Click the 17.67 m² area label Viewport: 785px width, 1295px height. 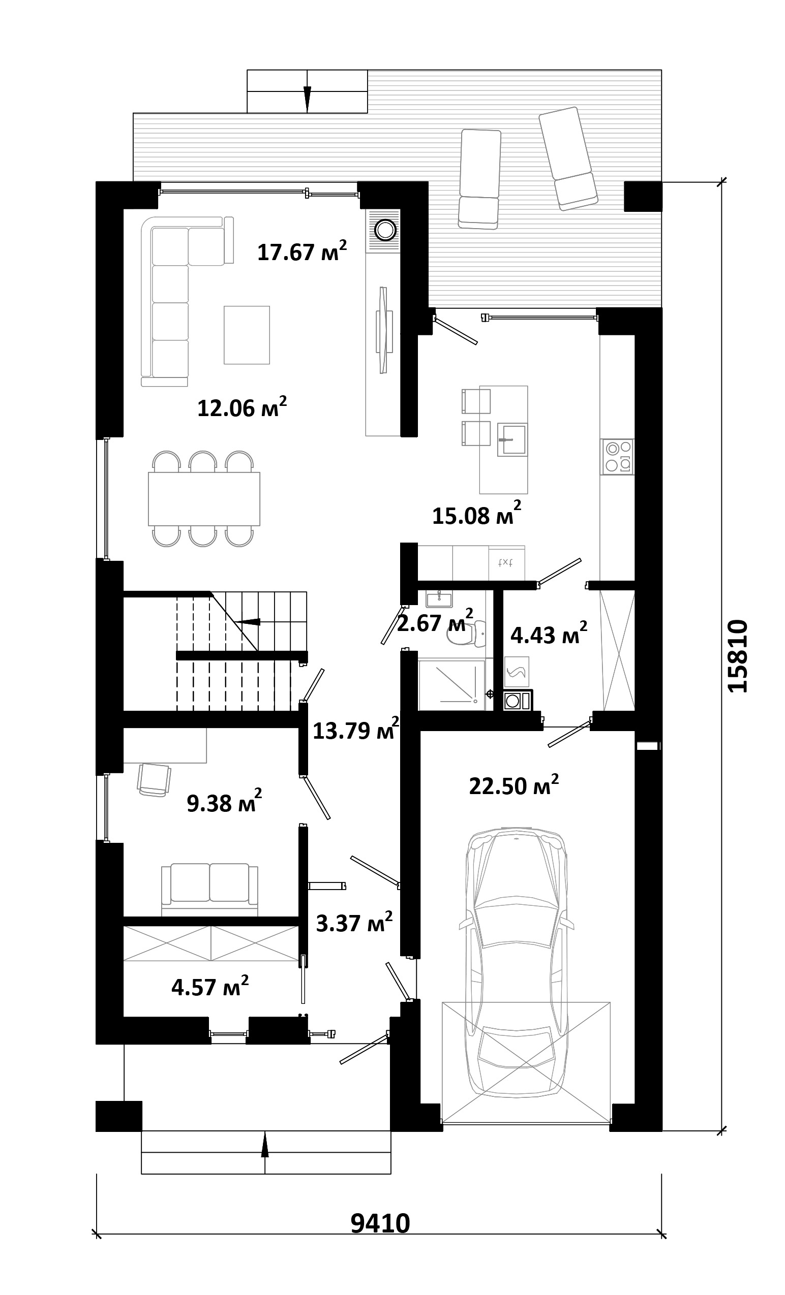click(302, 250)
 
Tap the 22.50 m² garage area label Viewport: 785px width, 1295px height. click(514, 785)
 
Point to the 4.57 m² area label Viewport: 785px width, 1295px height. click(210, 986)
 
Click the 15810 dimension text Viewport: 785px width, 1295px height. click(737, 656)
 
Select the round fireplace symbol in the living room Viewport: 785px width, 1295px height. click(384, 230)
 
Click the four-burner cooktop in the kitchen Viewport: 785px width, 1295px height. click(618, 457)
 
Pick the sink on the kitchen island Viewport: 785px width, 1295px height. click(512, 439)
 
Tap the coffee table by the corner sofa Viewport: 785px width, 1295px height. click(247, 335)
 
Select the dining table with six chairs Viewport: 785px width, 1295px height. click(204, 499)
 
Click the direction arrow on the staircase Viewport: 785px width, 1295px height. click(247, 622)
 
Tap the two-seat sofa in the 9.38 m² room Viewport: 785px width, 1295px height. click(210, 890)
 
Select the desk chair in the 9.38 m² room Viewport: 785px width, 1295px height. click(154, 780)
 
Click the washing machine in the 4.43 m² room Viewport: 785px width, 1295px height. click(518, 701)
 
